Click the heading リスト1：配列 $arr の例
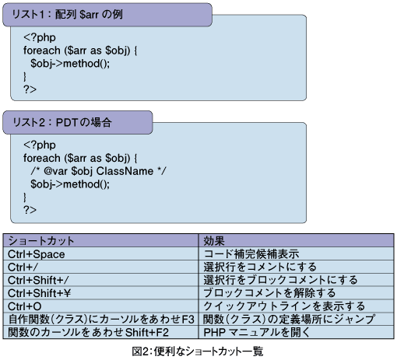pyautogui.click(x=68, y=14)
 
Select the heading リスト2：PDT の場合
pyautogui.click(x=62, y=122)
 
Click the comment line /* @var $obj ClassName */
pyautogui.click(x=98, y=171)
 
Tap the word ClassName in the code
pyautogui.click(x=125, y=171)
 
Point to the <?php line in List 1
pyautogui.click(x=40, y=37)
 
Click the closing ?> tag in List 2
pyautogui.click(x=30, y=210)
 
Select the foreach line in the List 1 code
pyautogui.click(x=80, y=51)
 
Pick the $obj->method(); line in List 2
pyautogui.click(x=70, y=184)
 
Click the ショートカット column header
pyautogui.click(x=41, y=241)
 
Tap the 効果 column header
pyautogui.click(x=214, y=241)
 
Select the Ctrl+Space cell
pyautogui.click(x=37, y=254)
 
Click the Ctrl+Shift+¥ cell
pyautogui.click(x=39, y=293)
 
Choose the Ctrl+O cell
pyautogui.click(x=25, y=306)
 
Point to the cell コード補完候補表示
pyautogui.click(x=251, y=254)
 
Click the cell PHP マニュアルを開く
pyautogui.click(x=257, y=333)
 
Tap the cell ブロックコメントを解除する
pyautogui.click(x=269, y=293)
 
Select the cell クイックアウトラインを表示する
pyautogui.click(x=284, y=306)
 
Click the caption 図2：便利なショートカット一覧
pyautogui.click(x=198, y=351)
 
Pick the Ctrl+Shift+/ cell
pyautogui.click(x=38, y=281)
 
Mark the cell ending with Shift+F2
pyautogui.click(x=88, y=333)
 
